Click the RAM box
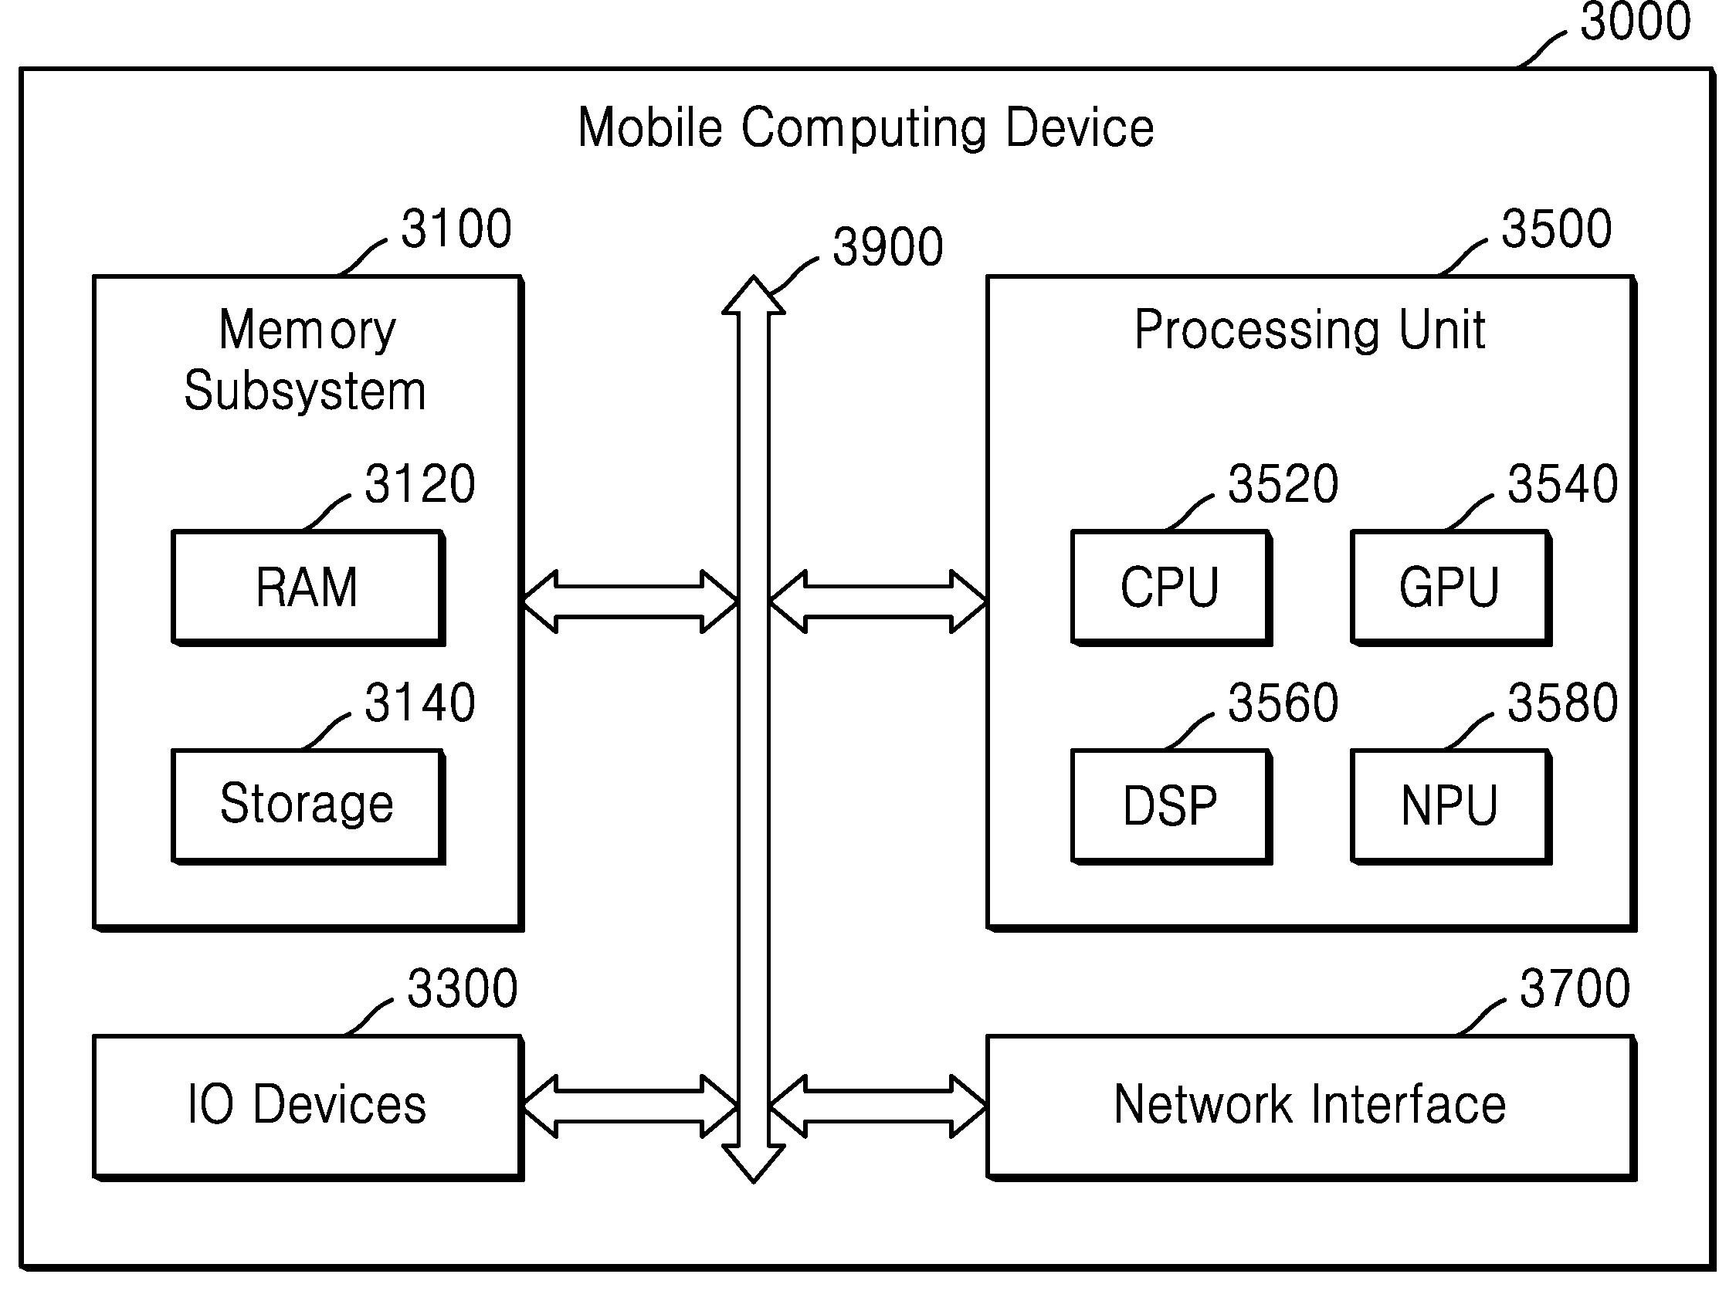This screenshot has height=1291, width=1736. (308, 588)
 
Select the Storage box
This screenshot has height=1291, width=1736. (308, 806)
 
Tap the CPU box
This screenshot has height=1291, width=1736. (1171, 588)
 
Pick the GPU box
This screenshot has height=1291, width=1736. (1451, 588)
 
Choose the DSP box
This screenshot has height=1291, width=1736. (1171, 806)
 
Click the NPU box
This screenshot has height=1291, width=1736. (1451, 806)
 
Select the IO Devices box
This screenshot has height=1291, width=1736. (308, 1107)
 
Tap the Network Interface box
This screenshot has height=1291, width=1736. (1311, 1107)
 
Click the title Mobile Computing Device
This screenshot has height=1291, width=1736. (866, 128)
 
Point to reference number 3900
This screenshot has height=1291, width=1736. (888, 247)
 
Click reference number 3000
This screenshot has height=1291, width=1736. (1635, 21)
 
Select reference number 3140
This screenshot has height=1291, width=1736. (420, 703)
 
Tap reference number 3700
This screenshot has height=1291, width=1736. (1575, 988)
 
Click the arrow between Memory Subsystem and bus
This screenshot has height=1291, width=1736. (630, 601)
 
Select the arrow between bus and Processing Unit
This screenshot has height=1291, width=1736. (878, 601)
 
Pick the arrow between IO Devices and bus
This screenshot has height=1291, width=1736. (630, 1106)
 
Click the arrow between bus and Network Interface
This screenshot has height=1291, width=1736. (878, 1106)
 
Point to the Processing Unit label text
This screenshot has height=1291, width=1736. (1310, 331)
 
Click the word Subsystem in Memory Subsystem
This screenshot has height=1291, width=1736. (306, 391)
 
